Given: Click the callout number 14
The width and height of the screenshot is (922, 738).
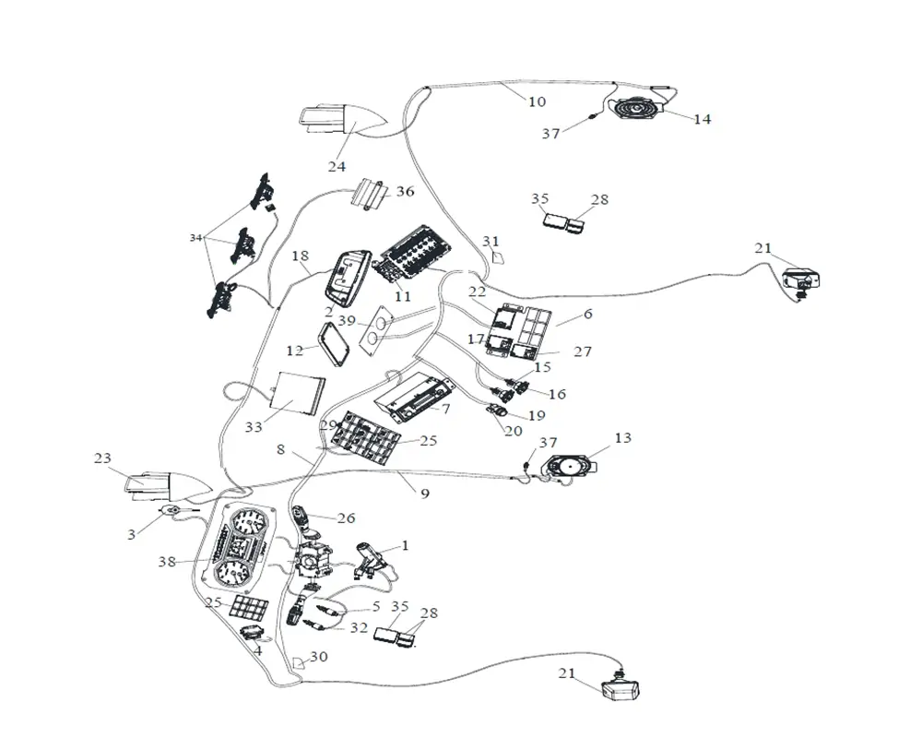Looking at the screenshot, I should (703, 119).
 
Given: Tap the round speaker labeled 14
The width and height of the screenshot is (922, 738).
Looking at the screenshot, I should (636, 110).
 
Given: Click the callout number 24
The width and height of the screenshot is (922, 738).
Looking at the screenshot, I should (337, 166).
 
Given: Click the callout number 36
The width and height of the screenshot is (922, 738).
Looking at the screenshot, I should (406, 192).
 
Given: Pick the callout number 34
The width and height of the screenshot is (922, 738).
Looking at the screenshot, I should (195, 238).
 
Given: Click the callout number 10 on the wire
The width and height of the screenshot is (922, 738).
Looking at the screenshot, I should (537, 101).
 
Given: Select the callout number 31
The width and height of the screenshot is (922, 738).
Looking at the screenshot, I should (490, 242).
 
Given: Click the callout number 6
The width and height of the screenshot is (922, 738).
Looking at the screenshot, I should (587, 315).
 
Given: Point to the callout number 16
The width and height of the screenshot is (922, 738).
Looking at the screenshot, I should (557, 394).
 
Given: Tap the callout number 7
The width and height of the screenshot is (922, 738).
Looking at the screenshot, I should (445, 407).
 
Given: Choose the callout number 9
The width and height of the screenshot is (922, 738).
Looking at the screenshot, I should (424, 494).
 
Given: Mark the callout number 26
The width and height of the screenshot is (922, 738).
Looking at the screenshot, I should (346, 518).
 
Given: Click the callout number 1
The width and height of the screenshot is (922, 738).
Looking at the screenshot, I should (404, 545).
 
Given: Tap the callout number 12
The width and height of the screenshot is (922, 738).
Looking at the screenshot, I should (295, 351).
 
